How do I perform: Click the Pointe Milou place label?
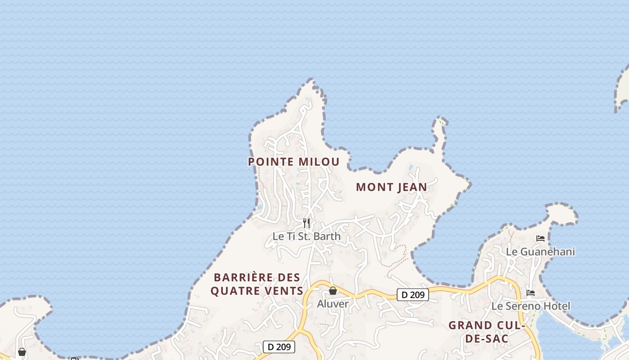293,162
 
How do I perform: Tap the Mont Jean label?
391,187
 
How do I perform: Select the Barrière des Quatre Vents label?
257,284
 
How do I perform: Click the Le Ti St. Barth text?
306,236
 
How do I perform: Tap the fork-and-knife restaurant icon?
306,223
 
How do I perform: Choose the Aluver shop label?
333,304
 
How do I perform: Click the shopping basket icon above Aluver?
333,291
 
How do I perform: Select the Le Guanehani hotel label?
540,252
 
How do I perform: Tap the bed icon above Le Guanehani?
540,238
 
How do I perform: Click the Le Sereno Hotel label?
531,306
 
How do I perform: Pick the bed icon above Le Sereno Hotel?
531,293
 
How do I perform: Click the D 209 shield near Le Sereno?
413,295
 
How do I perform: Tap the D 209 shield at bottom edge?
279,347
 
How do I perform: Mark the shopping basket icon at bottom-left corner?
22,352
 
